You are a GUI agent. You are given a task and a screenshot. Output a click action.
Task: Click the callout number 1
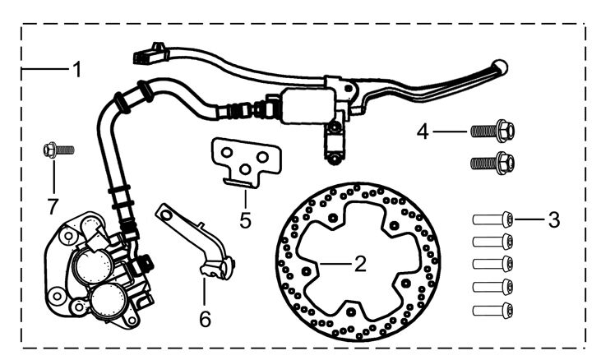(77, 69)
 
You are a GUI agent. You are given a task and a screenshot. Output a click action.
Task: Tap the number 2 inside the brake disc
(360, 264)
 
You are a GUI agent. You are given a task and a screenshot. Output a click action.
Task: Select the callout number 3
(554, 219)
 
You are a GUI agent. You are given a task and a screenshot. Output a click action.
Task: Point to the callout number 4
(423, 132)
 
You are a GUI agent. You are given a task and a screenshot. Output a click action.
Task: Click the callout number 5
(245, 220)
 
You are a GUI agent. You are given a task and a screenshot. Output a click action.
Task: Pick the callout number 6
(205, 319)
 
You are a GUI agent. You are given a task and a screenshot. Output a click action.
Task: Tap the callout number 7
(53, 207)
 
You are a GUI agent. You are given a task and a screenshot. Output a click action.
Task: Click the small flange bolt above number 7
(58, 150)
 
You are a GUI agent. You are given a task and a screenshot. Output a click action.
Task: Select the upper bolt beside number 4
(492, 131)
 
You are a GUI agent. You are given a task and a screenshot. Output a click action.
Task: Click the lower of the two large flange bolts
(492, 163)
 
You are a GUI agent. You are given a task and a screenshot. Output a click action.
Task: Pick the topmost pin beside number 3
(492, 219)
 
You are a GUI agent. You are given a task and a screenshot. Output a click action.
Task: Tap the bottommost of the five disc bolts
(492, 310)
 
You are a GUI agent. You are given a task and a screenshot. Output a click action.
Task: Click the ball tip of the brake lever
(500, 67)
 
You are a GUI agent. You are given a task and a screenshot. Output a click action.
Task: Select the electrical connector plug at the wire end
(150, 53)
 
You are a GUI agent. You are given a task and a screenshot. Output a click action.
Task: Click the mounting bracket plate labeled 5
(245, 157)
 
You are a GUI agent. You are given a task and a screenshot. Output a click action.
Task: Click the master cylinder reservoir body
(307, 105)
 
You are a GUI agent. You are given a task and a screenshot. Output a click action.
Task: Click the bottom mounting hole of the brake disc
(349, 312)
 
